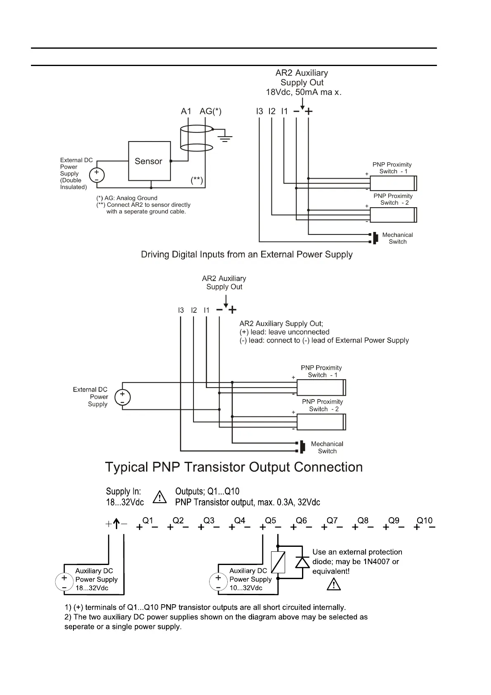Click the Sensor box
click(149, 161)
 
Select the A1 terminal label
click(186, 111)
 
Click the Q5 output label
click(270, 521)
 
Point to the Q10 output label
click(425, 521)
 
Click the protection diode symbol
click(302, 562)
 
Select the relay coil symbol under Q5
click(278, 562)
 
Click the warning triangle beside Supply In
click(160, 497)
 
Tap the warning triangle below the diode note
click(333, 584)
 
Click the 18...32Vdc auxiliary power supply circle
click(64, 582)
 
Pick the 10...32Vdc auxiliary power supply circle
click(218, 582)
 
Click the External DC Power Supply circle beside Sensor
click(97, 175)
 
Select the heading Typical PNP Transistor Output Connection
click(234, 467)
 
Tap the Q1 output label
click(148, 521)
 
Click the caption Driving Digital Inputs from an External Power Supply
click(247, 254)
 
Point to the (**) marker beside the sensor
click(197, 180)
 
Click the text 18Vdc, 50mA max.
click(304, 92)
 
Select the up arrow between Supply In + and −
click(116, 524)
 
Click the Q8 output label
click(363, 521)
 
